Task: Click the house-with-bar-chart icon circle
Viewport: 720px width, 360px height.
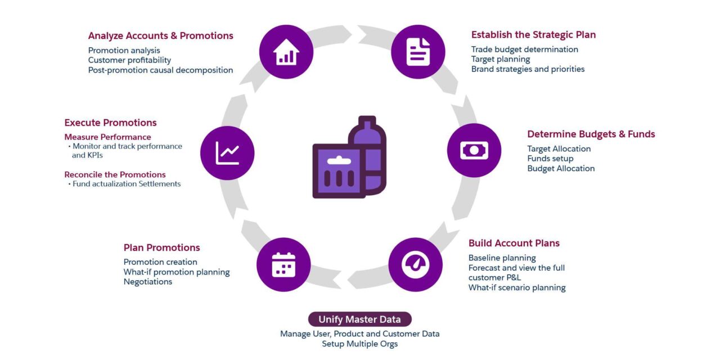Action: point(286,52)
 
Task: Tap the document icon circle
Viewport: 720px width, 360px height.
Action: point(418,52)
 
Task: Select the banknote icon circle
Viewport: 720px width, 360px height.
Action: point(474,150)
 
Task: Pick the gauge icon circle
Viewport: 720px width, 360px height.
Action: point(415,264)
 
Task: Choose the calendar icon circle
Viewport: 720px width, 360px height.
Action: point(283,264)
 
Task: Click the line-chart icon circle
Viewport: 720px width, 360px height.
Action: point(227,153)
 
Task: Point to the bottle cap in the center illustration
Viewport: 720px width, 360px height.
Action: point(367,121)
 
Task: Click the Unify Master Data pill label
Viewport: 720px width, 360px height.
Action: point(359,319)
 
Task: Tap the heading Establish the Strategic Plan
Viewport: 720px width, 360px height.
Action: point(533,35)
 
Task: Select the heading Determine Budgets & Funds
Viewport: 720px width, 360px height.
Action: point(591,134)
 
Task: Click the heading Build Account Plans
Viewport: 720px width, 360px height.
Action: point(514,243)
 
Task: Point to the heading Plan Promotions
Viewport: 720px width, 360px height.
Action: point(161,247)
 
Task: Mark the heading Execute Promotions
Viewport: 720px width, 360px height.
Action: point(110,123)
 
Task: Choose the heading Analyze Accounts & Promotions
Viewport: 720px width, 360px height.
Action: point(161,35)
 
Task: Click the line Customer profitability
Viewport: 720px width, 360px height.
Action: point(129,60)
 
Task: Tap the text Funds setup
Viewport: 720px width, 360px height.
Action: point(550,159)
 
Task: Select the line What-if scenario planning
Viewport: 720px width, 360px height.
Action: point(517,287)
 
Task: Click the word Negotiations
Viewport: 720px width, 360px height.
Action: point(148,282)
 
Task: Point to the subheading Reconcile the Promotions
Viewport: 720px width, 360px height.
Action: point(115,174)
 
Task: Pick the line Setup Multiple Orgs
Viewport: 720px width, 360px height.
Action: point(359,344)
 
